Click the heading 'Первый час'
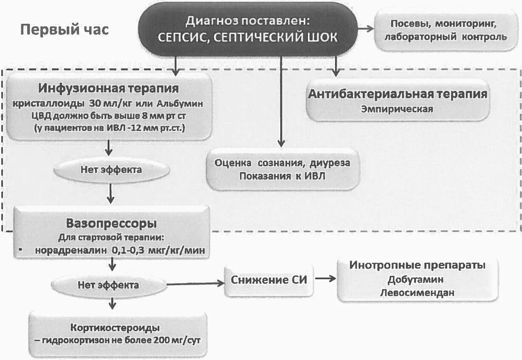(65, 30)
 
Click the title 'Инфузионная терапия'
(109, 88)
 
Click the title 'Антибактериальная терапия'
(397, 94)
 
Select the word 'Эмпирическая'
(397, 109)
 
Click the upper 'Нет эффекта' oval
(111, 170)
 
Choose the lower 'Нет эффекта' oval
(108, 284)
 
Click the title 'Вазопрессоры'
(111, 223)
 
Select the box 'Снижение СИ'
(268, 280)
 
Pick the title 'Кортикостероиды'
(115, 328)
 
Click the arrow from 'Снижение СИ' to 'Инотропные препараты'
(325, 279)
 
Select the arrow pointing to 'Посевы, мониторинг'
(365, 29)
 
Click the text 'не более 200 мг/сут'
(161, 340)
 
